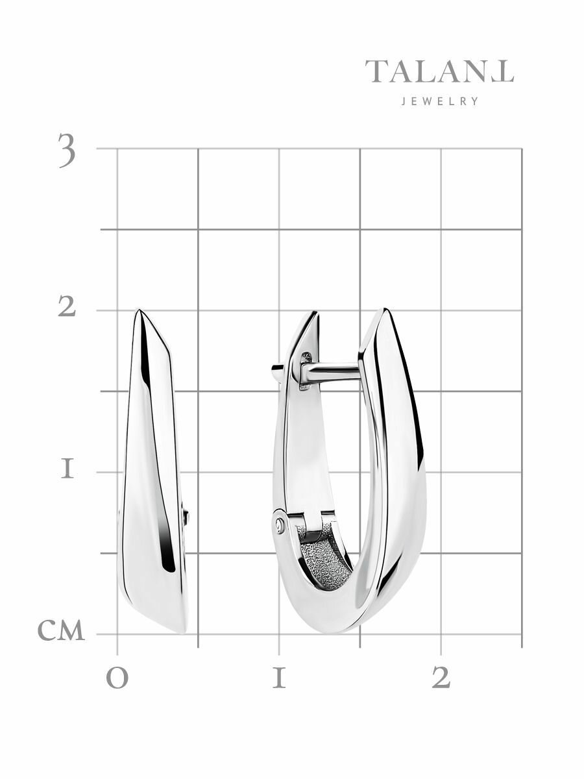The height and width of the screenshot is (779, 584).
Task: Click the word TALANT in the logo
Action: click(439, 71)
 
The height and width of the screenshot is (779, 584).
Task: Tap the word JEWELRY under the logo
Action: click(440, 101)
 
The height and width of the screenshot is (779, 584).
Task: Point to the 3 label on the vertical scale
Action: click(67, 150)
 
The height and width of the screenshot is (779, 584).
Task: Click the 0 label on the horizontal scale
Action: click(117, 679)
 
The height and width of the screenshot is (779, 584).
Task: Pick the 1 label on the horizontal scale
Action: click(279, 678)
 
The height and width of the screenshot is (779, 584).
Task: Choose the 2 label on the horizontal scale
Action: click(441, 678)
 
